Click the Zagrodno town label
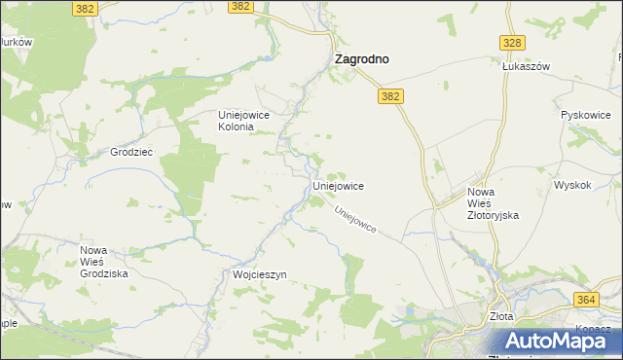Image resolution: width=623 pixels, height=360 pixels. coord(361,59)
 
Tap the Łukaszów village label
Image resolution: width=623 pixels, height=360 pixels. coord(527,66)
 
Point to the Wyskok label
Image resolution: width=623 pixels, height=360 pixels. coord(572,185)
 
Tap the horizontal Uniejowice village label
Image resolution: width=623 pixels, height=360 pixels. coord(337,185)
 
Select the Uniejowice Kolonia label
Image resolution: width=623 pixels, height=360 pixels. coord(249,121)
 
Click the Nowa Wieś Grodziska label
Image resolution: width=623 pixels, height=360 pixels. coord(104,262)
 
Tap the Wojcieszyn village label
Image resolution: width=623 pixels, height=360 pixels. coord(260,275)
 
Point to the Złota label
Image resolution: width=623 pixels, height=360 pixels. coord(501,316)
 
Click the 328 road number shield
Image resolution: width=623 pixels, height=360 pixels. coord(513,43)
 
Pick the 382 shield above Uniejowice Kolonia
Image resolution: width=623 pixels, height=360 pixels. coord(241,6)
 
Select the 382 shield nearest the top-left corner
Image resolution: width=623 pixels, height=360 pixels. coord(85,7)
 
